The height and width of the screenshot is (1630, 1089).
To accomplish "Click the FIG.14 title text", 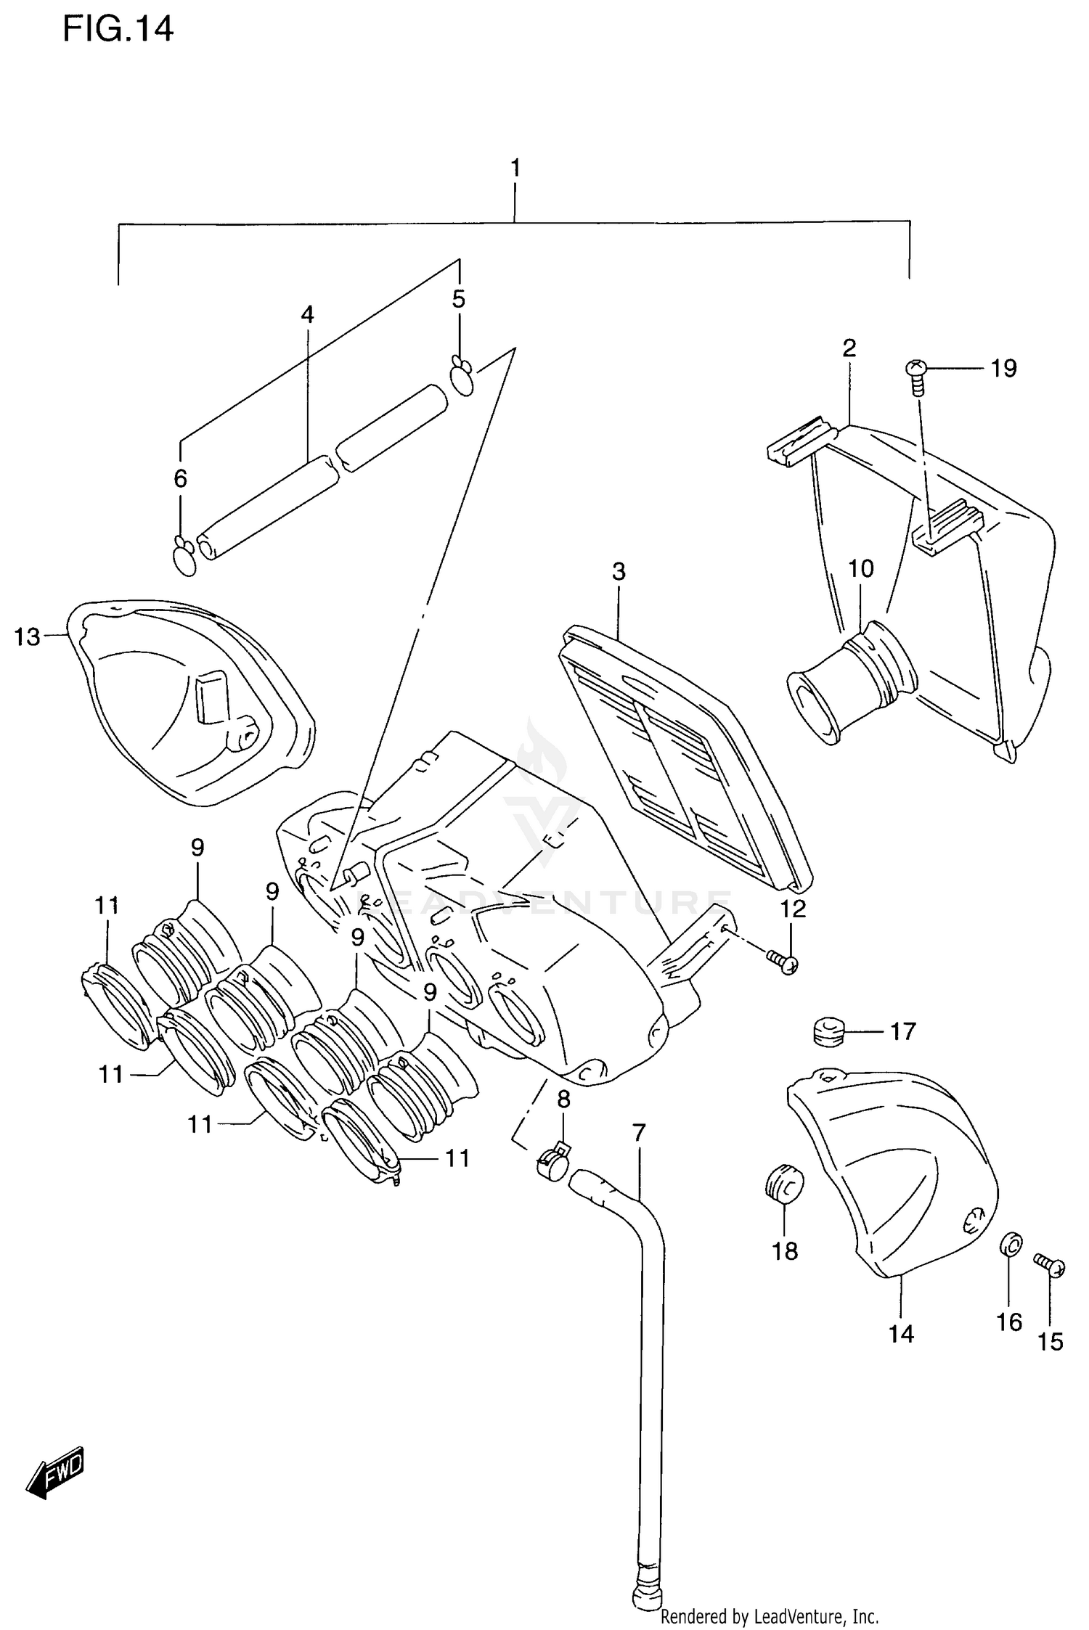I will [x=118, y=30].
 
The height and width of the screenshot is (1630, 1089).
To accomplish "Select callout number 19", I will [x=1003, y=369].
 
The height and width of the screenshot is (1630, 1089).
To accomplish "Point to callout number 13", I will [x=28, y=637].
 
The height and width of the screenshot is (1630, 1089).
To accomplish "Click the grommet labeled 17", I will [x=827, y=1031].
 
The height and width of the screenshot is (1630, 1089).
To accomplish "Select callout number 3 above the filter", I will [x=618, y=572].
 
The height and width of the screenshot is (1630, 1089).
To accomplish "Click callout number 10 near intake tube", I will [x=861, y=568].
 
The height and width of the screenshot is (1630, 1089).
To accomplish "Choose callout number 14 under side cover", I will [x=901, y=1334].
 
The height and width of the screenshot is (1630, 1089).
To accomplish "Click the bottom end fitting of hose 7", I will [x=645, y=1595].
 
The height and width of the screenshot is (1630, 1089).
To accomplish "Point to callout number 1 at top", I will [x=515, y=168].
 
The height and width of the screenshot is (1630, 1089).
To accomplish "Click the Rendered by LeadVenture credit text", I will [x=770, y=1616].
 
